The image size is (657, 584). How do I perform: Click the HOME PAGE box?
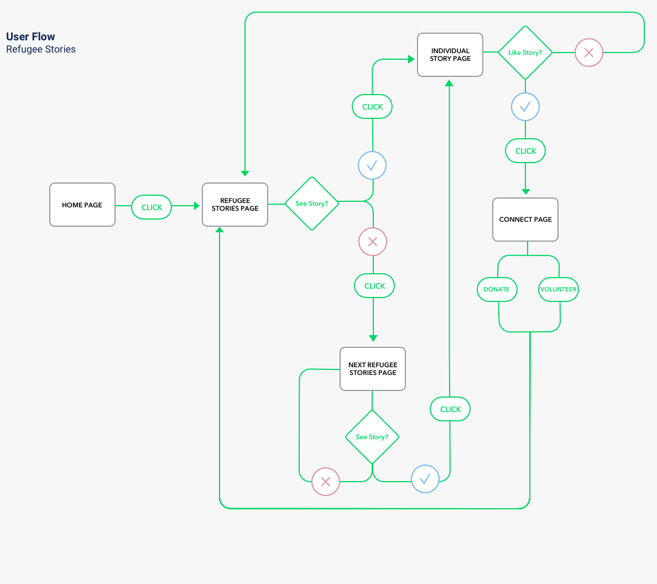82,205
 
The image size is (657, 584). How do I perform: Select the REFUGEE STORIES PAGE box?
235,205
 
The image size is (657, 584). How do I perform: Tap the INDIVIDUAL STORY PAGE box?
450,55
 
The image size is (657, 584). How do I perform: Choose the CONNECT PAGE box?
525,220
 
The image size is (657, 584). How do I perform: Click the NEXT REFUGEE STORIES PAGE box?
373,369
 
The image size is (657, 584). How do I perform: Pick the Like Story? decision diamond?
525,53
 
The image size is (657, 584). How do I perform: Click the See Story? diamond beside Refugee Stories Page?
311,204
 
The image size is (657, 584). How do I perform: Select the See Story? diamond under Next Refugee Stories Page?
372,437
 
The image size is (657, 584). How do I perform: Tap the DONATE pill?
497,289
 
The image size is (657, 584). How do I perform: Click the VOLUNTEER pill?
559,289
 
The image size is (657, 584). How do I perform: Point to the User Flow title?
30,36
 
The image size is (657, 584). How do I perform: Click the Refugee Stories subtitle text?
41,49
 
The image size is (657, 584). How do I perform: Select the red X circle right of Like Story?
589,53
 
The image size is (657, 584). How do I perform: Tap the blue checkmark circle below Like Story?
525,107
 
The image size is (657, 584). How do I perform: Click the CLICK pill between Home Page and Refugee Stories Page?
152,207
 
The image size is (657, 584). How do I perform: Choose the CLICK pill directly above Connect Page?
525,151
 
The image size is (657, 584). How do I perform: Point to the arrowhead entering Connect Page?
525,191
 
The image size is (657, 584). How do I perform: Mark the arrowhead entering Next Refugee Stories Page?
373,338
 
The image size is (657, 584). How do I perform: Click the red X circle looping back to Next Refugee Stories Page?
326,482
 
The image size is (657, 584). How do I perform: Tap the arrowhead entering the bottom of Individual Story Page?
449,83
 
